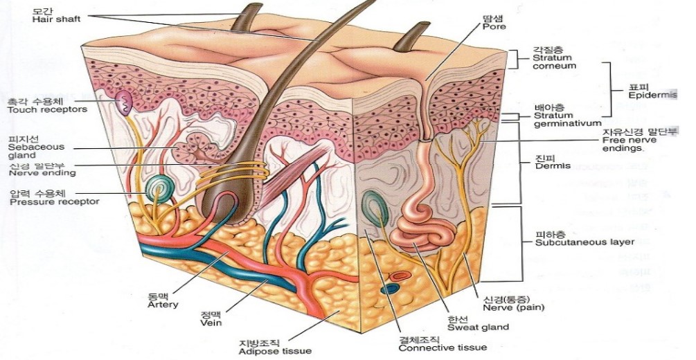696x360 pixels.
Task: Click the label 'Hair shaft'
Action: (53, 19)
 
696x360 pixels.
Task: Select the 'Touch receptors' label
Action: (47, 109)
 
